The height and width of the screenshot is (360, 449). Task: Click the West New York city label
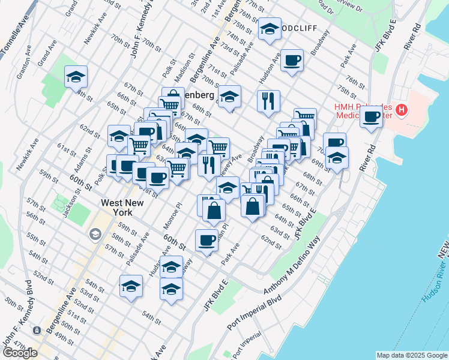(122, 209)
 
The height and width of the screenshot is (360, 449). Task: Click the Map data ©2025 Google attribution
(412, 355)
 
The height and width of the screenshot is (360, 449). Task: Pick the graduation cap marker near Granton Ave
(76, 77)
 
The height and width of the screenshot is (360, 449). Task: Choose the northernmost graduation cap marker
(270, 29)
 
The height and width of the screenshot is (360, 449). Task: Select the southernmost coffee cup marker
(206, 240)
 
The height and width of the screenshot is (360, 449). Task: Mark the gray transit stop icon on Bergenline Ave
(37, 330)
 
